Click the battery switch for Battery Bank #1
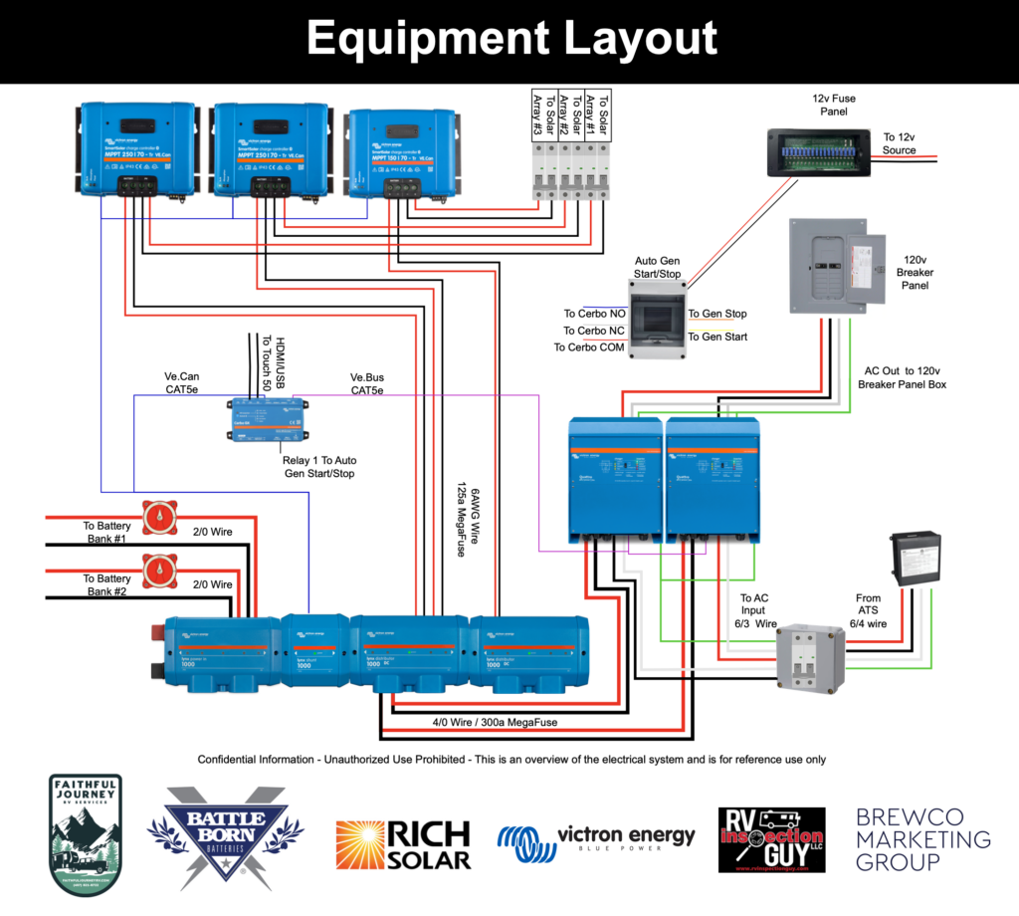tap(158, 519)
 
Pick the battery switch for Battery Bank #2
tap(158, 572)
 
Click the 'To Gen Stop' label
tap(717, 314)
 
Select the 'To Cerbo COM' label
tap(588, 347)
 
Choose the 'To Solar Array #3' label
tap(538, 114)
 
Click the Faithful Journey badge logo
tap(86, 834)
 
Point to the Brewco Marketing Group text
tap(922, 839)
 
